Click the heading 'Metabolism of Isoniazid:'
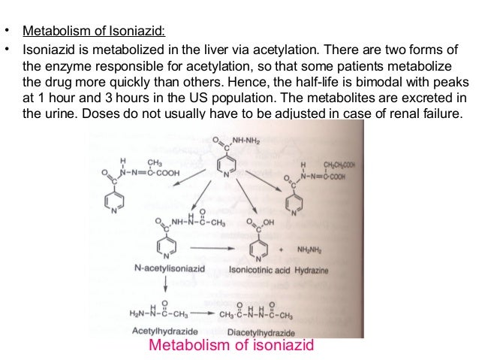tap(93, 32)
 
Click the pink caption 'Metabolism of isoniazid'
tap(230, 346)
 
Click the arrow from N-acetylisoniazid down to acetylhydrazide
tap(167, 284)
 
